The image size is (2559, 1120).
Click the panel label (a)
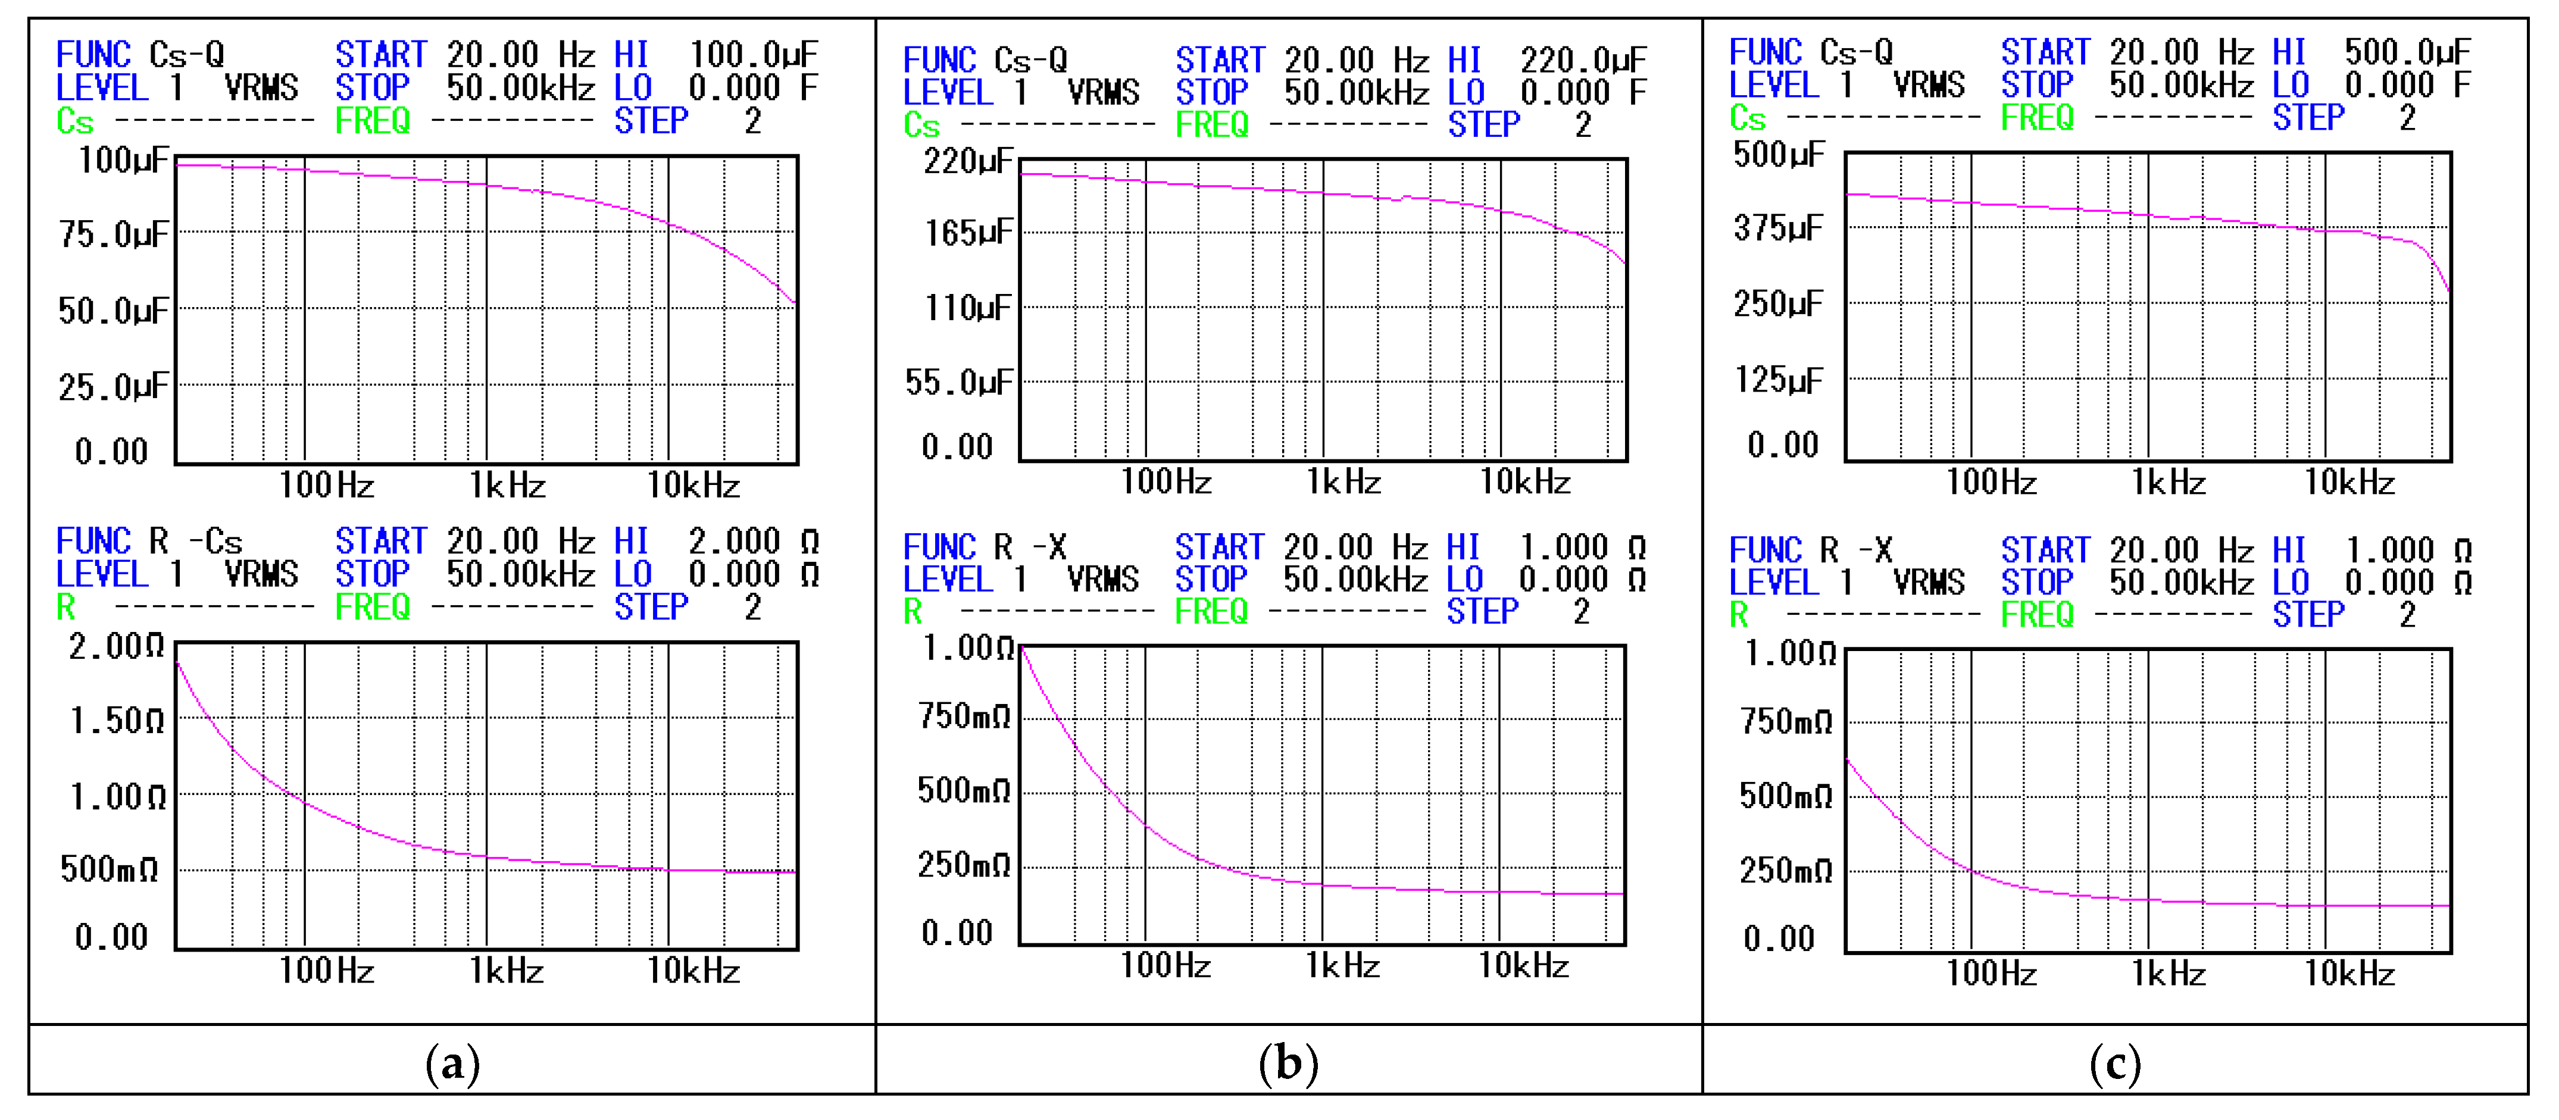[453, 1065]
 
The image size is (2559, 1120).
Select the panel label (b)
[1289, 1065]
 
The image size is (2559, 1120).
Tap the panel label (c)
[2115, 1065]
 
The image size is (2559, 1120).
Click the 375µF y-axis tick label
[1778, 229]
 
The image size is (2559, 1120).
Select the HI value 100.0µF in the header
[753, 54]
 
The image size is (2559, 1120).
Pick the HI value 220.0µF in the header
[1583, 60]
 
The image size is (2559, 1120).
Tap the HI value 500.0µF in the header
[2407, 52]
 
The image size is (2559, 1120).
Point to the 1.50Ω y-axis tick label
[116, 721]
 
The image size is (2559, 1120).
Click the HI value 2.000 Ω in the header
[753, 541]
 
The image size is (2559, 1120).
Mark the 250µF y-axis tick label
[1778, 304]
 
